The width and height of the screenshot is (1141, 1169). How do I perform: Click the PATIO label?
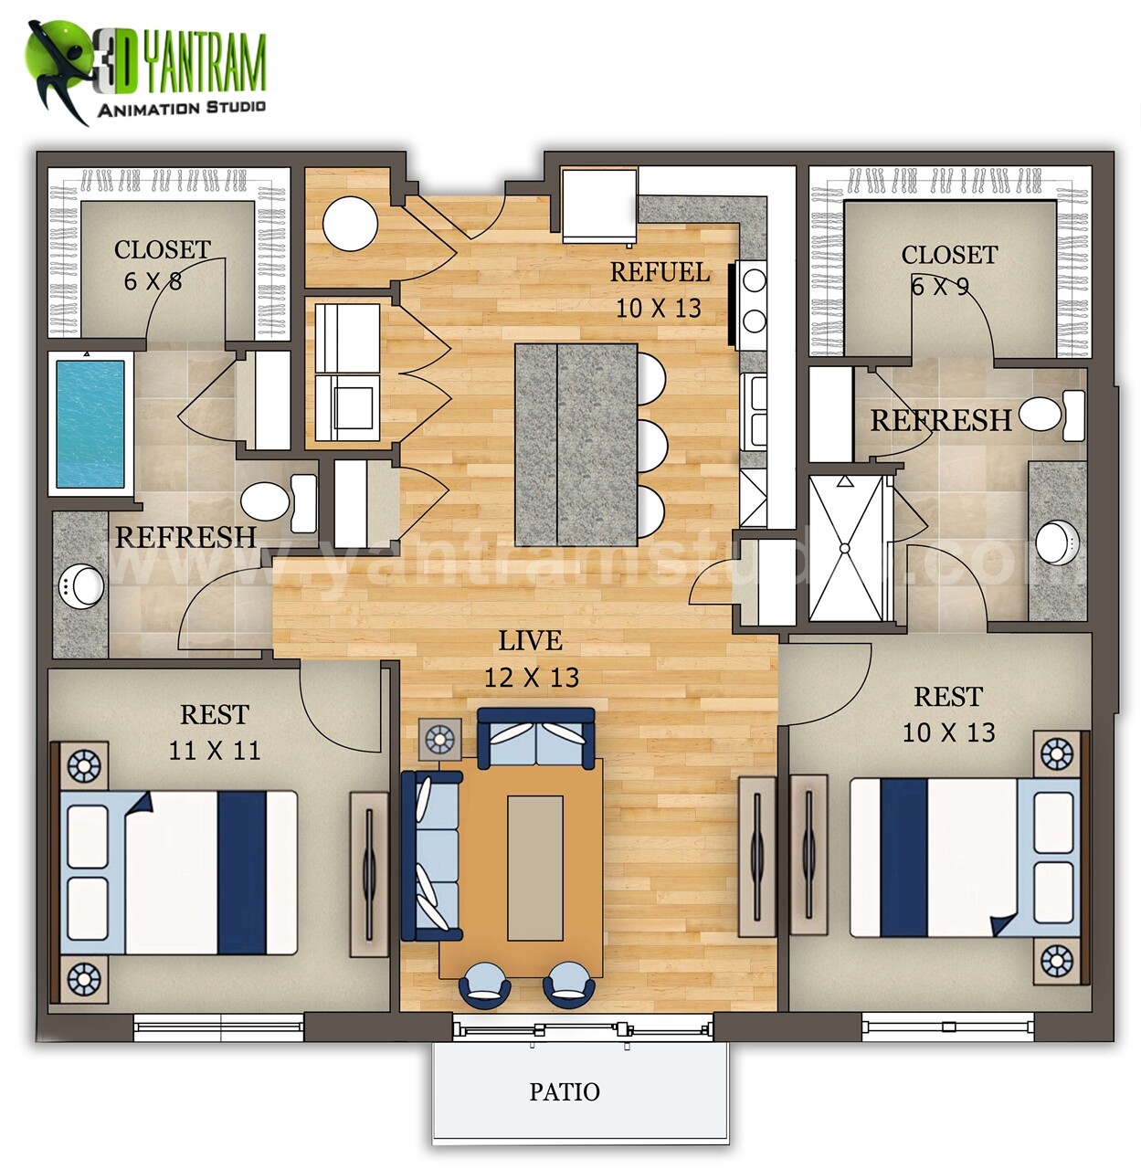565,1091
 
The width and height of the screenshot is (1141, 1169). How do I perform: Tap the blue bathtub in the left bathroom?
90,423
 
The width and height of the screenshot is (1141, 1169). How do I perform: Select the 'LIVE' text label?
530,641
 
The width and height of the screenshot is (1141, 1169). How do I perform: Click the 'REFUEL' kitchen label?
660,272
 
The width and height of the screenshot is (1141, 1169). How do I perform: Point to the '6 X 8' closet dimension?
153,281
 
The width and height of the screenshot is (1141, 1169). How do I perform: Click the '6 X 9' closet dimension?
940,287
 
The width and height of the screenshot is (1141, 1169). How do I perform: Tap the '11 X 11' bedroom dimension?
214,751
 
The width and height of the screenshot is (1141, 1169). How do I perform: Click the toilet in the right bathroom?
1049,414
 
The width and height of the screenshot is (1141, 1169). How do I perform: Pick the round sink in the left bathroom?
83,585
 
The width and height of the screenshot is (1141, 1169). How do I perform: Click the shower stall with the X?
846,548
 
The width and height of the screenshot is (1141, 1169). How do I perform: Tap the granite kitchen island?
576,444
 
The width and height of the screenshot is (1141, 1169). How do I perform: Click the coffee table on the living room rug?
535,868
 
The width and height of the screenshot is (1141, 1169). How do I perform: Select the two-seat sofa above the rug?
536,738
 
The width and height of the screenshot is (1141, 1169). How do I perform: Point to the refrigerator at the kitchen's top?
598,205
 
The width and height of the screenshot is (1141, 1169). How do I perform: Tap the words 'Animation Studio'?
181,109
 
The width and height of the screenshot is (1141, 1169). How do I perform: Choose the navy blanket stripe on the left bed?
241,873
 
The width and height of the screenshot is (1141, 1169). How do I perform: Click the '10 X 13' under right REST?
948,732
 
